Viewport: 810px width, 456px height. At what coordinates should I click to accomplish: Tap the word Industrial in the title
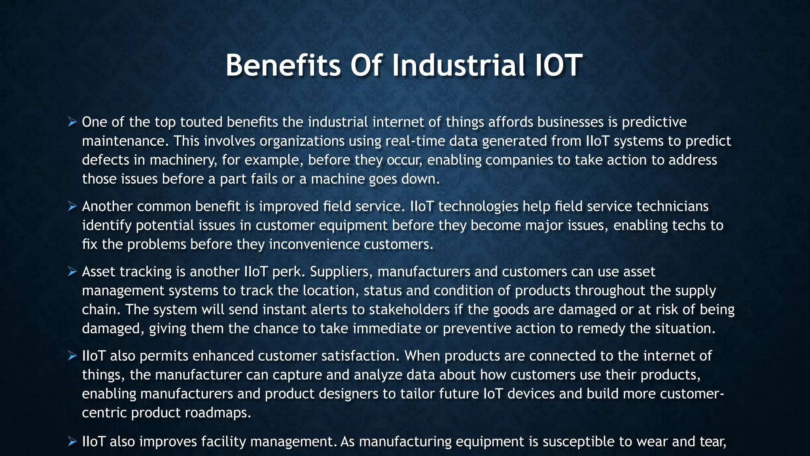point(458,65)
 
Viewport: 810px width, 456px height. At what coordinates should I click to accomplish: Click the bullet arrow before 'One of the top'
point(72,122)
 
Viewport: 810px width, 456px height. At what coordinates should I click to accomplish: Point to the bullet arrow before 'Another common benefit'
point(72,207)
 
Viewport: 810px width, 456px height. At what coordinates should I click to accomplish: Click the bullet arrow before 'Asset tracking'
point(72,272)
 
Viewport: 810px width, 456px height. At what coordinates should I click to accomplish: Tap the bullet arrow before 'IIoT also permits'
point(72,356)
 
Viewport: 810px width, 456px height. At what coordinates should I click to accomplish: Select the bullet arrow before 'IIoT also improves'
point(72,442)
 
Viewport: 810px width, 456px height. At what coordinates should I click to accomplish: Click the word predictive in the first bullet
point(654,122)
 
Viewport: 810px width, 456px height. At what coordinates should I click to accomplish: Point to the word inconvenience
point(314,245)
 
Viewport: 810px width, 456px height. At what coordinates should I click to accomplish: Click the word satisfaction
point(360,356)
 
